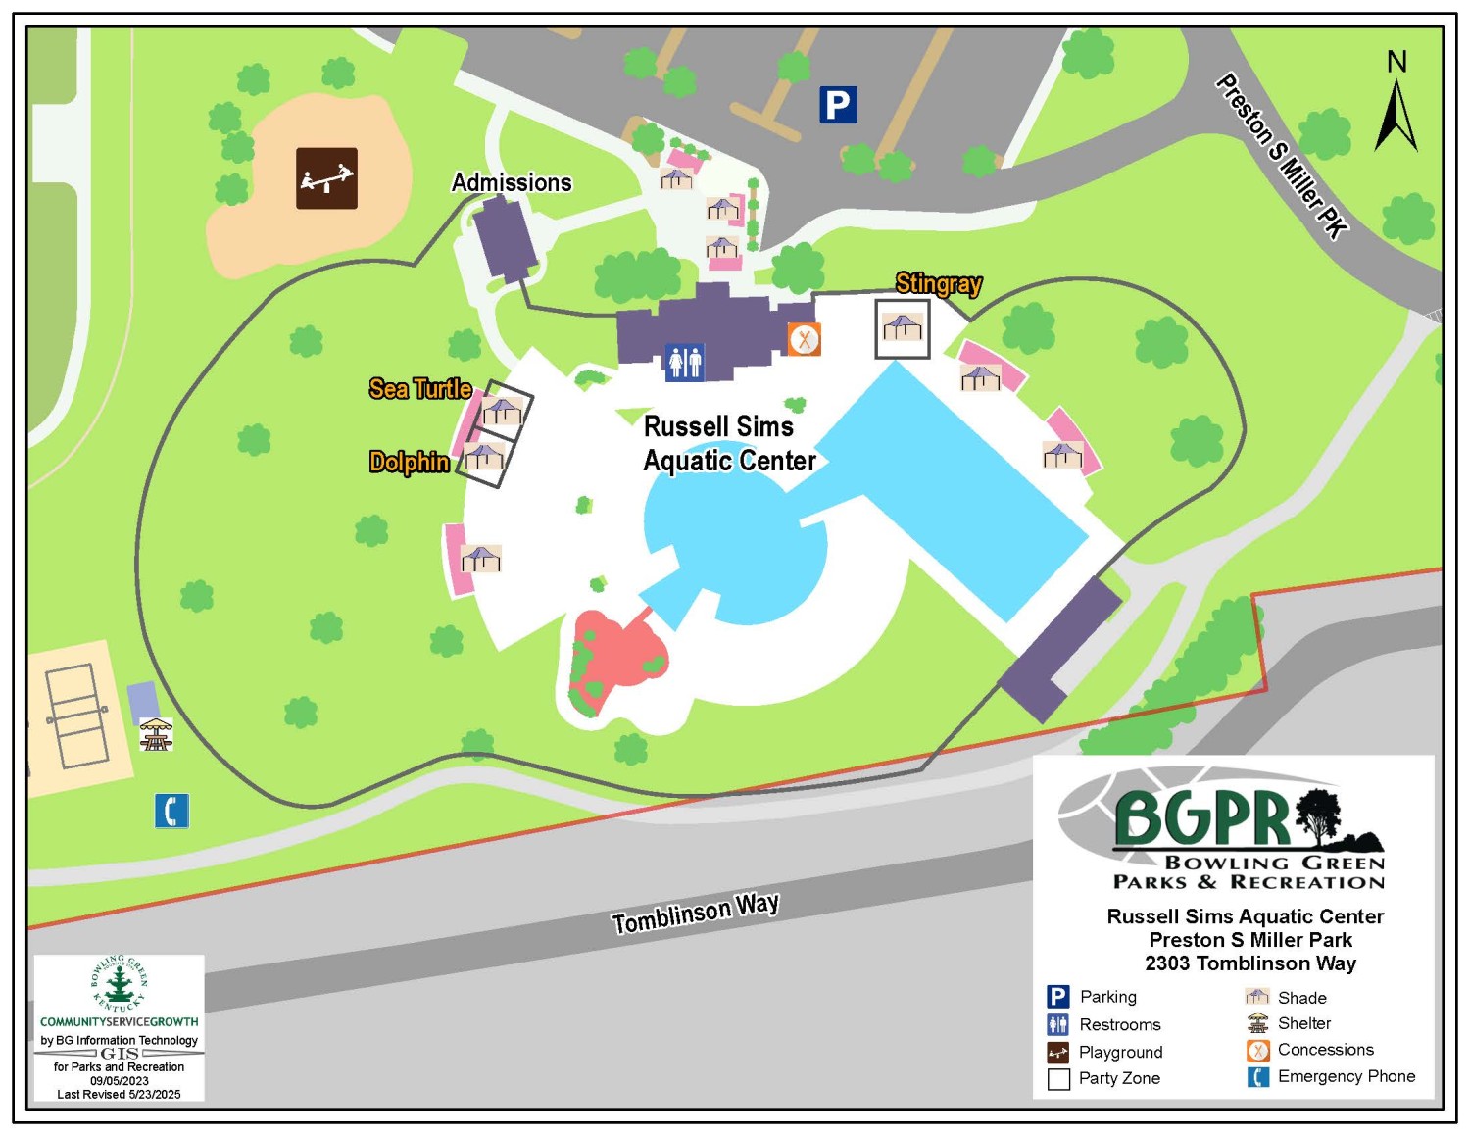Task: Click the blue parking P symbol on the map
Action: [838, 105]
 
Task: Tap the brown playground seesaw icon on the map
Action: [326, 178]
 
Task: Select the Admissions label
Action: [512, 182]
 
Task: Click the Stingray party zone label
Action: [938, 283]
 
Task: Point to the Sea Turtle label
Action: [420, 389]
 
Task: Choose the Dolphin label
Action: [410, 462]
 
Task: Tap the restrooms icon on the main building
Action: [684, 362]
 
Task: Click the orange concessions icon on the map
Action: [804, 340]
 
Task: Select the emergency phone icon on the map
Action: [171, 811]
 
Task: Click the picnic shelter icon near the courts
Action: [156, 733]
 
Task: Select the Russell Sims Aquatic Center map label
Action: [729, 443]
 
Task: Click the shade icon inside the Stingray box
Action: [902, 326]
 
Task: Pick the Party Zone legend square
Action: [1058, 1079]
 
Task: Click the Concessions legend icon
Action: [1257, 1051]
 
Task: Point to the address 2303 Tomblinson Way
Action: [1250, 963]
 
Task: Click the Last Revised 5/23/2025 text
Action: [119, 1094]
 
